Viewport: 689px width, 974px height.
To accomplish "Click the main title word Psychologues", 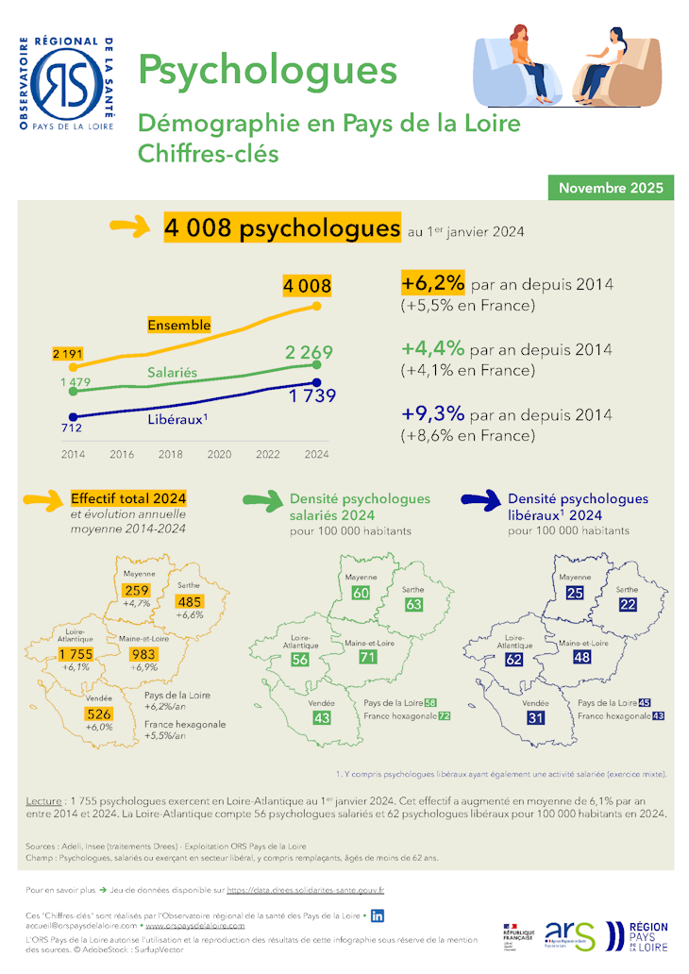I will pyautogui.click(x=267, y=70).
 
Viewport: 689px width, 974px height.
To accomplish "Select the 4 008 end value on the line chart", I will pyautogui.click(x=307, y=286).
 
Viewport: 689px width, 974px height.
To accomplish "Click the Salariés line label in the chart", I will pyautogui.click(x=172, y=373).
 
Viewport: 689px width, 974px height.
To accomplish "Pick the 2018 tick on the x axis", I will pyautogui.click(x=171, y=454).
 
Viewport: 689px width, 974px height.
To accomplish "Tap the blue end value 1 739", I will pyautogui.click(x=312, y=396).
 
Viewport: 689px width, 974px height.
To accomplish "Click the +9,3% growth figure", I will pyautogui.click(x=433, y=414).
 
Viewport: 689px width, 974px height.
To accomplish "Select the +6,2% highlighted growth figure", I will pyautogui.click(x=433, y=283).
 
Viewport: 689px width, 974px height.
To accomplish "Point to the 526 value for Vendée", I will pyautogui.click(x=99, y=714).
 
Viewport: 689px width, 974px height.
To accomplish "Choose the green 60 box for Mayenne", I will pyautogui.click(x=361, y=593).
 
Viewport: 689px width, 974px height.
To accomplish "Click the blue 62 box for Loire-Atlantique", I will pyautogui.click(x=514, y=660).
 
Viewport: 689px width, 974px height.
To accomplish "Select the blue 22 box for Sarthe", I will pyautogui.click(x=629, y=604).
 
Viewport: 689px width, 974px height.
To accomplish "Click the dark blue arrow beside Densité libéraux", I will pyautogui.click(x=479, y=500).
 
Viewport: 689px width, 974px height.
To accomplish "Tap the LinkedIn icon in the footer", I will pyautogui.click(x=378, y=915).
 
